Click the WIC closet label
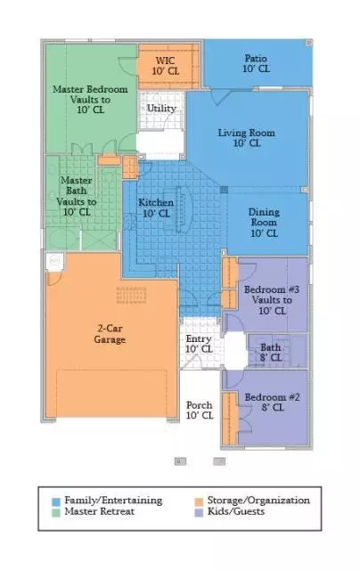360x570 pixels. (x=166, y=66)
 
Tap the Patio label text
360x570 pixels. (x=256, y=63)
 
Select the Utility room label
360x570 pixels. (x=161, y=108)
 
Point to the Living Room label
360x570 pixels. (x=247, y=138)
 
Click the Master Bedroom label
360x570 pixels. (x=90, y=99)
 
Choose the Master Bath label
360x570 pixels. (x=77, y=196)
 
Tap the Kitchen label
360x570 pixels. (x=156, y=208)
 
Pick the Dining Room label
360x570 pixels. (x=264, y=222)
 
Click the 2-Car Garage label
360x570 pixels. (x=110, y=334)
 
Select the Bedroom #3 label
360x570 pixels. (x=272, y=300)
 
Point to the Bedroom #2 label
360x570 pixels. (x=273, y=402)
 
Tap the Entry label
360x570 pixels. (x=199, y=344)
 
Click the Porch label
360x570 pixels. (x=200, y=410)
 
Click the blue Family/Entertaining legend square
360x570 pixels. (x=56, y=501)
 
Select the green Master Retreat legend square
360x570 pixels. (x=56, y=513)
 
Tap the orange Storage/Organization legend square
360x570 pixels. (x=199, y=501)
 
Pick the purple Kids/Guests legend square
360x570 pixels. (x=199, y=513)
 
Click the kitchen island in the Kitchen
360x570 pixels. (x=180, y=209)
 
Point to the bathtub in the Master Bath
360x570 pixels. (x=62, y=239)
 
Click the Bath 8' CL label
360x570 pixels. (x=271, y=353)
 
